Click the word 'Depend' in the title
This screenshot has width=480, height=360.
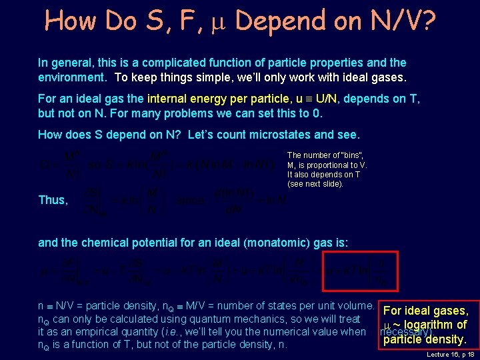[x=275, y=21]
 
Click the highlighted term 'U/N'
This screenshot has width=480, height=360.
[x=327, y=99]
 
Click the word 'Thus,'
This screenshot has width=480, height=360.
[x=53, y=200]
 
